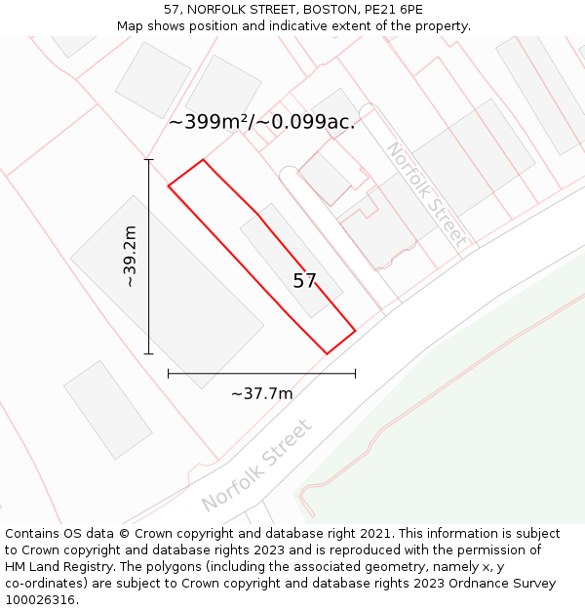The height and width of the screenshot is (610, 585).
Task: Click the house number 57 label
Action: [304, 281]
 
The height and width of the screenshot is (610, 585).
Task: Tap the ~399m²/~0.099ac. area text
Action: [261, 122]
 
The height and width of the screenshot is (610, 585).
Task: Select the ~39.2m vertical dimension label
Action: [130, 256]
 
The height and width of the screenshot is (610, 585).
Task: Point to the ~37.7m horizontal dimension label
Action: [261, 393]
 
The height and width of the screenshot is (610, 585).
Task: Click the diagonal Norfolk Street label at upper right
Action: [426, 194]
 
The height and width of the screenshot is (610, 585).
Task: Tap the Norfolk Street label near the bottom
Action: [257, 465]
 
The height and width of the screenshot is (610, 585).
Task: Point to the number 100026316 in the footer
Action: [40, 600]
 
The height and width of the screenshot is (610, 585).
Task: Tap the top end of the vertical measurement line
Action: [148, 159]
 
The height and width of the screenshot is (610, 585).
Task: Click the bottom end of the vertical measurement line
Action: [148, 354]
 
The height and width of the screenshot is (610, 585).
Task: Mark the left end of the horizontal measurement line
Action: [169, 373]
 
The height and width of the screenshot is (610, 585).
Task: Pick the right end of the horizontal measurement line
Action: [355, 373]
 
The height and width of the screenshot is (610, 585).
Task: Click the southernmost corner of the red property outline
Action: [326, 353]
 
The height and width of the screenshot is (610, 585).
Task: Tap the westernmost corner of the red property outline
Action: [169, 185]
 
